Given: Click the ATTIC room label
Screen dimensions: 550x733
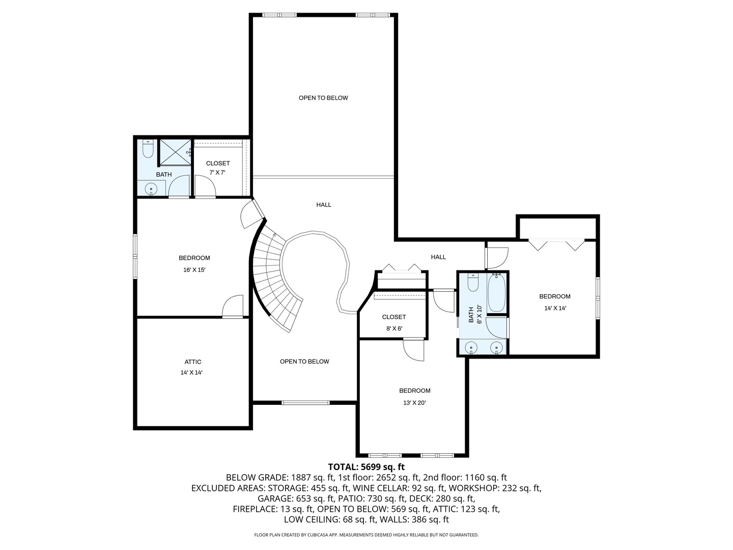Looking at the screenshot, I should [x=193, y=362].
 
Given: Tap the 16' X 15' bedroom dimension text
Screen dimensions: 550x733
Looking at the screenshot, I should [x=194, y=270].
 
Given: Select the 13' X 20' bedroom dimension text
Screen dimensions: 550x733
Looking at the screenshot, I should [x=414, y=402].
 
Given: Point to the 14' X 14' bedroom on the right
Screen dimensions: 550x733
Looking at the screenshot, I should [x=555, y=302].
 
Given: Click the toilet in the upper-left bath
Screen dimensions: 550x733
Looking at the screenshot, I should [x=148, y=150].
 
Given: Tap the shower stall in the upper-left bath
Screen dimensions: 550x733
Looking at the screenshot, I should [x=175, y=152].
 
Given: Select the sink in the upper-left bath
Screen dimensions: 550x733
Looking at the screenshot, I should [x=151, y=189].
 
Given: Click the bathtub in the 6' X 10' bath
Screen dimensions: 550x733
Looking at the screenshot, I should [x=496, y=293].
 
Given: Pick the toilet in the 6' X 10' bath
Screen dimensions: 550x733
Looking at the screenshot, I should [x=473, y=283].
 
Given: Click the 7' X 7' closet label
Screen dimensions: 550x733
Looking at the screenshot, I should [x=218, y=168].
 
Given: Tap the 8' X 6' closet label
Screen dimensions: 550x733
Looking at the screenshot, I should [x=394, y=322].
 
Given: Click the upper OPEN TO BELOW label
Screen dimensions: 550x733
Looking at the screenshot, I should [x=323, y=98].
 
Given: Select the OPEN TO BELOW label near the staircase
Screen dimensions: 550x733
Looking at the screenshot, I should [x=304, y=362].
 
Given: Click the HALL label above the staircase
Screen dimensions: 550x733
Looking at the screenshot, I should [x=324, y=205].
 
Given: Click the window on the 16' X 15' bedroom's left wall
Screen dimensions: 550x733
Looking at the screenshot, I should [x=135, y=256].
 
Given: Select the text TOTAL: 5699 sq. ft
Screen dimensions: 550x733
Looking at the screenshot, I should [x=366, y=466].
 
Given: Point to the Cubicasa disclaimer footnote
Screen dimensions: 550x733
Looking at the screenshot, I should [x=366, y=535].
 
